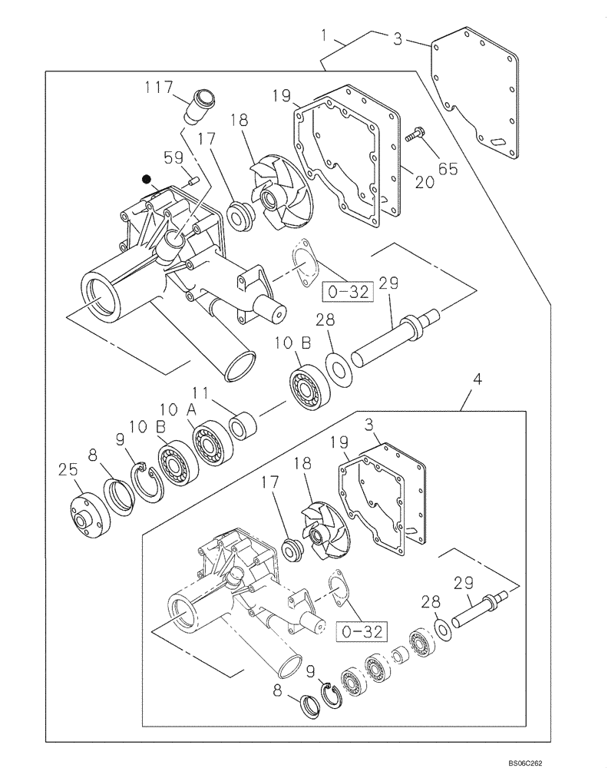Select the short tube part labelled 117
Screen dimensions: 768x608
pos(198,108)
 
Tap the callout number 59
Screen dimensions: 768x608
pos(174,158)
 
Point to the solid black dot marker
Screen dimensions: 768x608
pos(146,179)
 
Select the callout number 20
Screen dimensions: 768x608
pos(425,181)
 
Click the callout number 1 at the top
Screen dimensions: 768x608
pos(325,36)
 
